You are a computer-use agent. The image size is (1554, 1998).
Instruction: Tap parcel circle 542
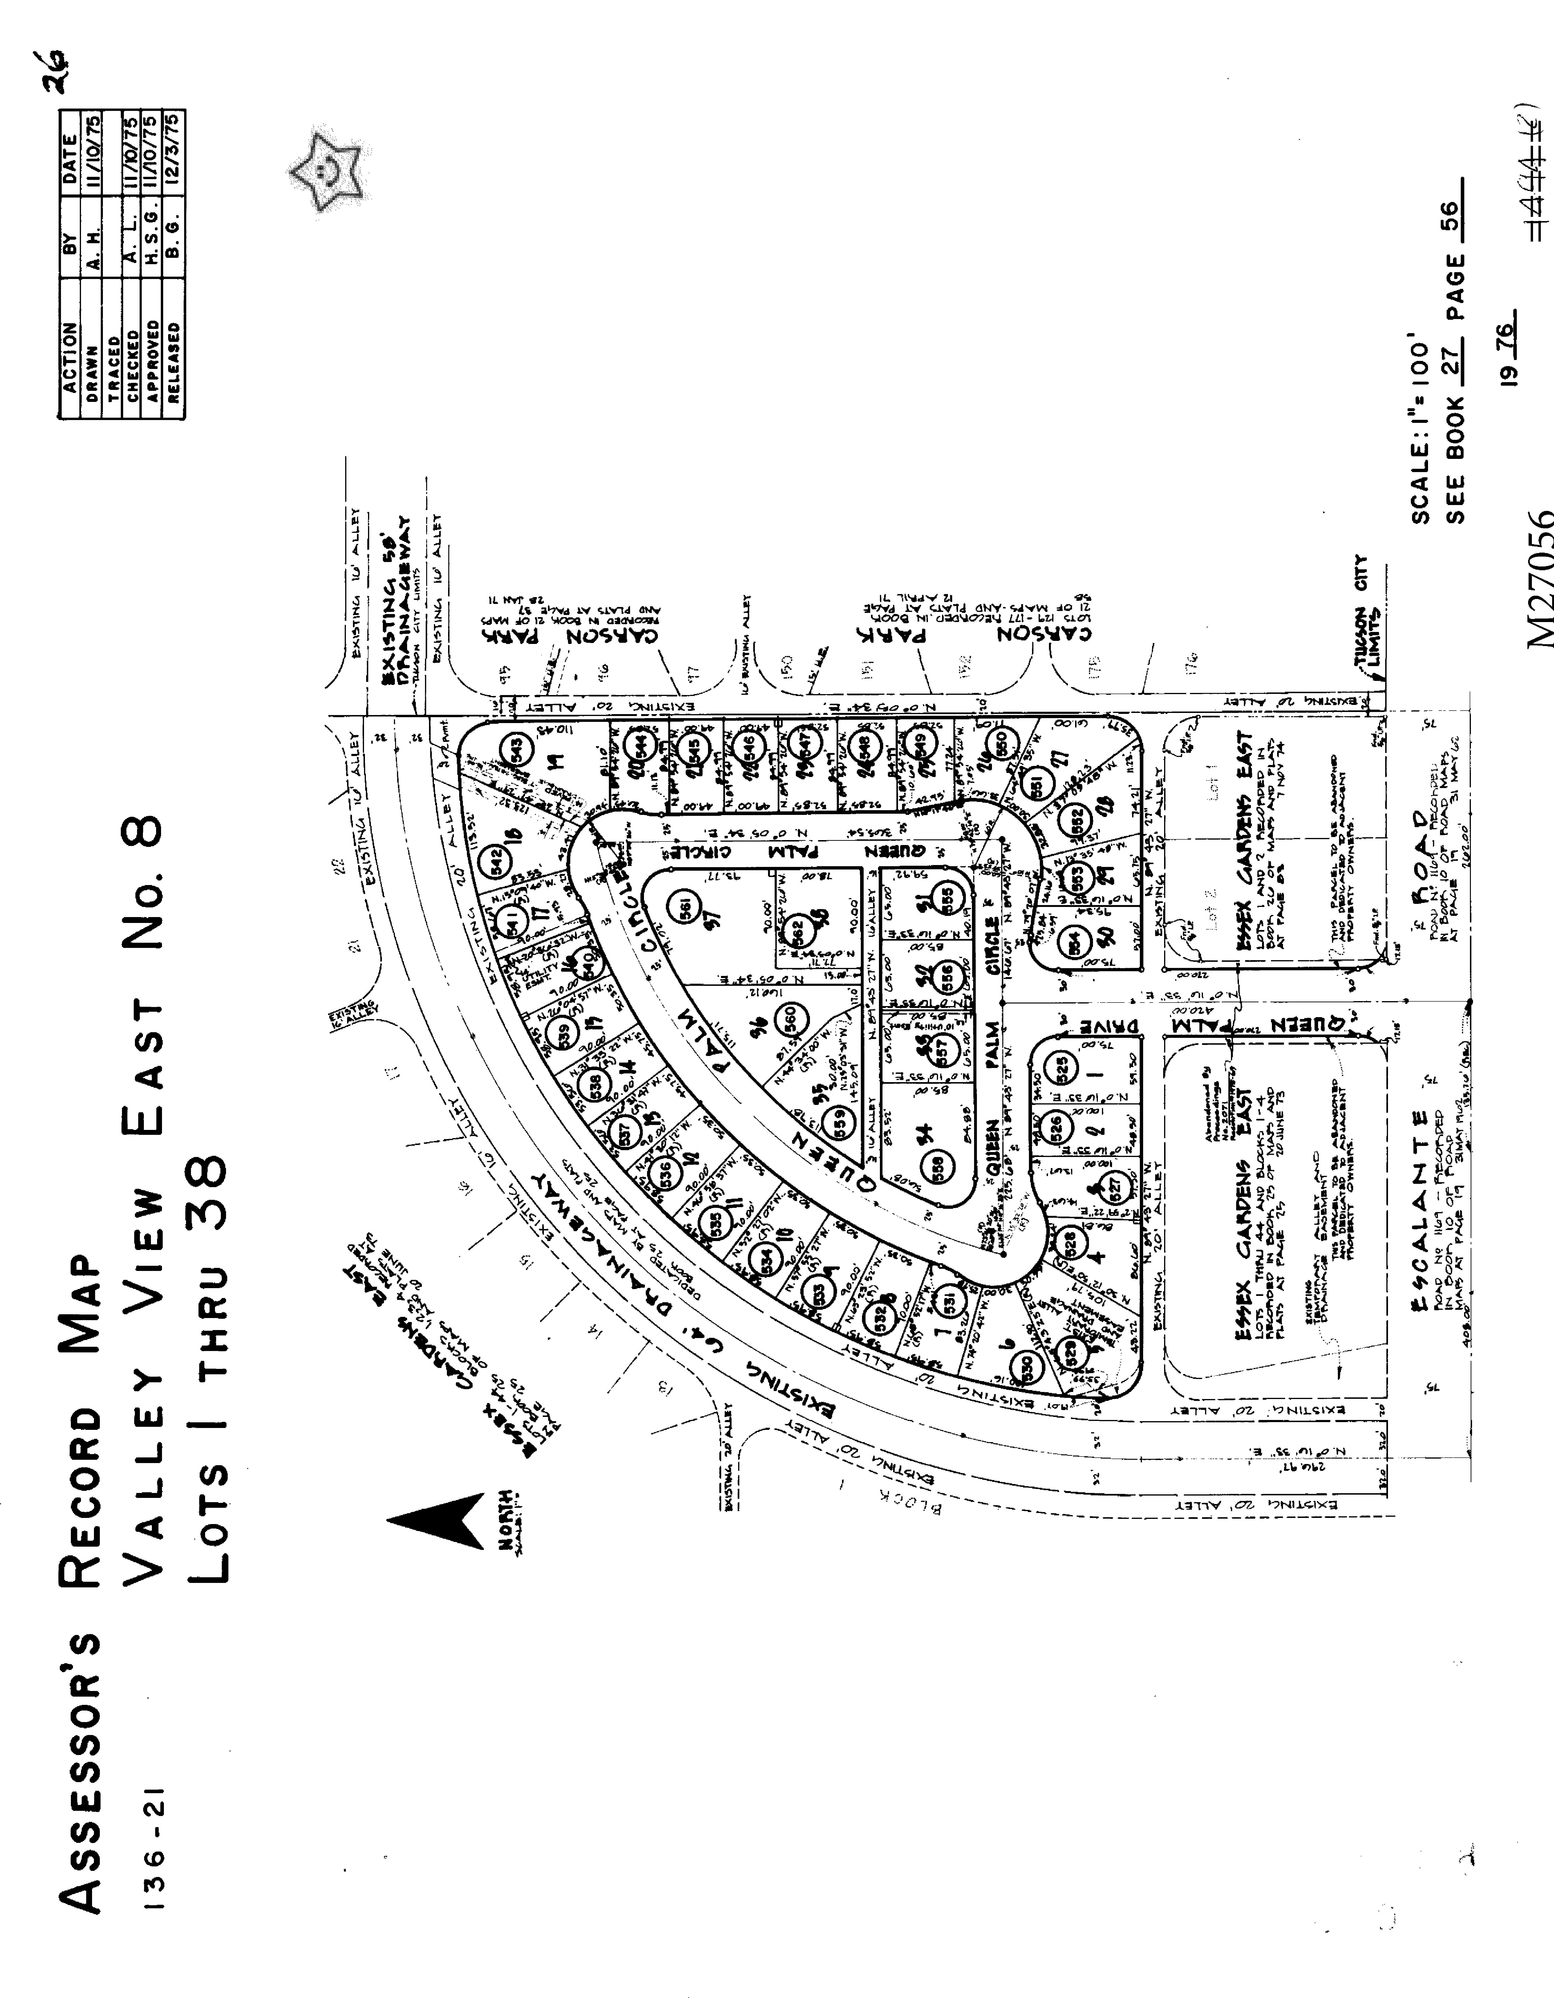(x=497, y=859)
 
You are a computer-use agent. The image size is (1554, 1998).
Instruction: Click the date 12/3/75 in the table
(x=174, y=152)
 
